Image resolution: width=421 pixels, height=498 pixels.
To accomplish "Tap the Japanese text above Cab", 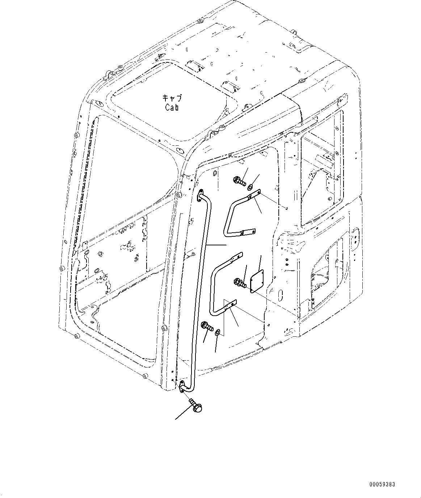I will (172, 98).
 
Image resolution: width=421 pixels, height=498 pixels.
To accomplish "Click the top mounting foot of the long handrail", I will (199, 196).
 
